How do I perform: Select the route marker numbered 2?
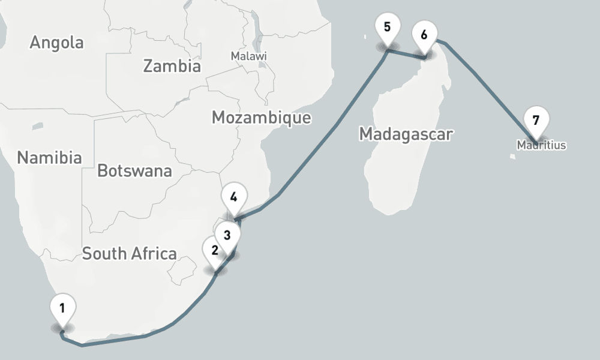pos(215,250)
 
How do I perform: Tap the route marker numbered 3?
pos(227,235)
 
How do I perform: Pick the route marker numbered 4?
pos(233,197)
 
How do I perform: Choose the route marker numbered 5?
pos(386,28)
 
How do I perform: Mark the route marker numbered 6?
pos(424,35)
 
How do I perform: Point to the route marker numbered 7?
pos(536,120)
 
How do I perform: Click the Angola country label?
pos(56,43)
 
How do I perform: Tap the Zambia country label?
pos(172,66)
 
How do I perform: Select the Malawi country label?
pos(248,56)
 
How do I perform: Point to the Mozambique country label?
pos(261,118)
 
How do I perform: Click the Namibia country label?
pos(49,158)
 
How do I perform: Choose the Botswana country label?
pos(134,171)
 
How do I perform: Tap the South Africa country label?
pos(129,253)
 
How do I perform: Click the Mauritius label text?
pos(541,145)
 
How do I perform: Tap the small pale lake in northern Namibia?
pos(38,126)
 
